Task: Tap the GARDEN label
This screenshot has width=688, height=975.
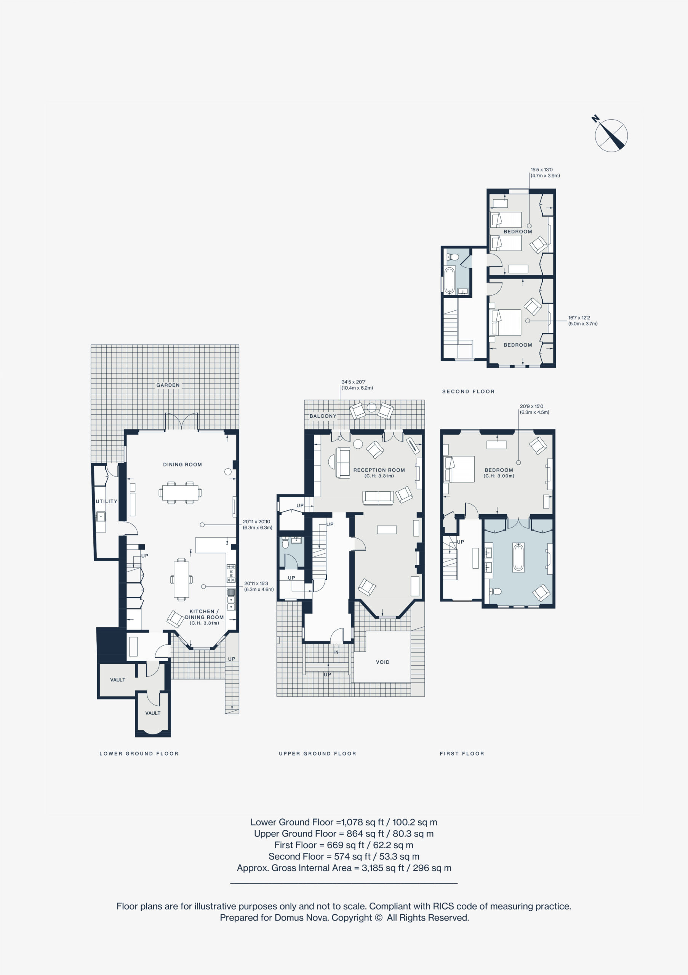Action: pyautogui.click(x=168, y=385)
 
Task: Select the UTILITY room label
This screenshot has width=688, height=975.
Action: pyautogui.click(x=107, y=502)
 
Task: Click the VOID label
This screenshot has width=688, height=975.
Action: pyautogui.click(x=382, y=662)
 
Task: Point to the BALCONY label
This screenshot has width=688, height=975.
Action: pyautogui.click(x=323, y=416)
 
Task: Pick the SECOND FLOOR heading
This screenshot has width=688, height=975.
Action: pyautogui.click(x=469, y=392)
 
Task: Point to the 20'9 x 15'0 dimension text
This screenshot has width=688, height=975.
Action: pyautogui.click(x=531, y=406)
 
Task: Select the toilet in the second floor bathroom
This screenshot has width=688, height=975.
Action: pyautogui.click(x=453, y=257)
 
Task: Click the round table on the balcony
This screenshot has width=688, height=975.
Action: pyautogui.click(x=371, y=408)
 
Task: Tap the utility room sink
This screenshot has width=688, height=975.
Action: pyautogui.click(x=101, y=517)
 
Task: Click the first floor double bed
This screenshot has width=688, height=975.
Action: pyautogui.click(x=459, y=469)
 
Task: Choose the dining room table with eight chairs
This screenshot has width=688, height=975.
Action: pyautogui.click(x=181, y=492)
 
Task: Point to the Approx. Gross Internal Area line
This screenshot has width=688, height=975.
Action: pyautogui.click(x=344, y=868)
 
